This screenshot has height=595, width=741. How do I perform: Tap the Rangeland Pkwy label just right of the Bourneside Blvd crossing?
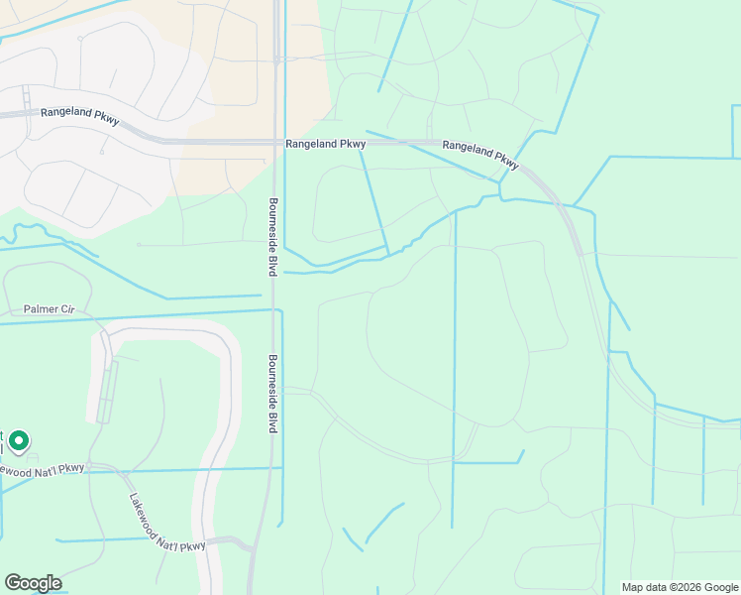pyautogui.click(x=325, y=144)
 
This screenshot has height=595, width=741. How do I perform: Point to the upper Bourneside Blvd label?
pyautogui.click(x=270, y=236)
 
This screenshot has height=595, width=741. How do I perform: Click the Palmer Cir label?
pyautogui.click(x=50, y=309)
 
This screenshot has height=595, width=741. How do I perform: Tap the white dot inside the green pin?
pyautogui.click(x=18, y=438)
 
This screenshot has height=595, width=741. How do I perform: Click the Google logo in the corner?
pyautogui.click(x=33, y=583)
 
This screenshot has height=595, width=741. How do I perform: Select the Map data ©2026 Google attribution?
pyautogui.click(x=680, y=587)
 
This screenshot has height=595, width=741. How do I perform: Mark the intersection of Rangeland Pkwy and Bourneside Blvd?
pyautogui.click(x=275, y=142)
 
